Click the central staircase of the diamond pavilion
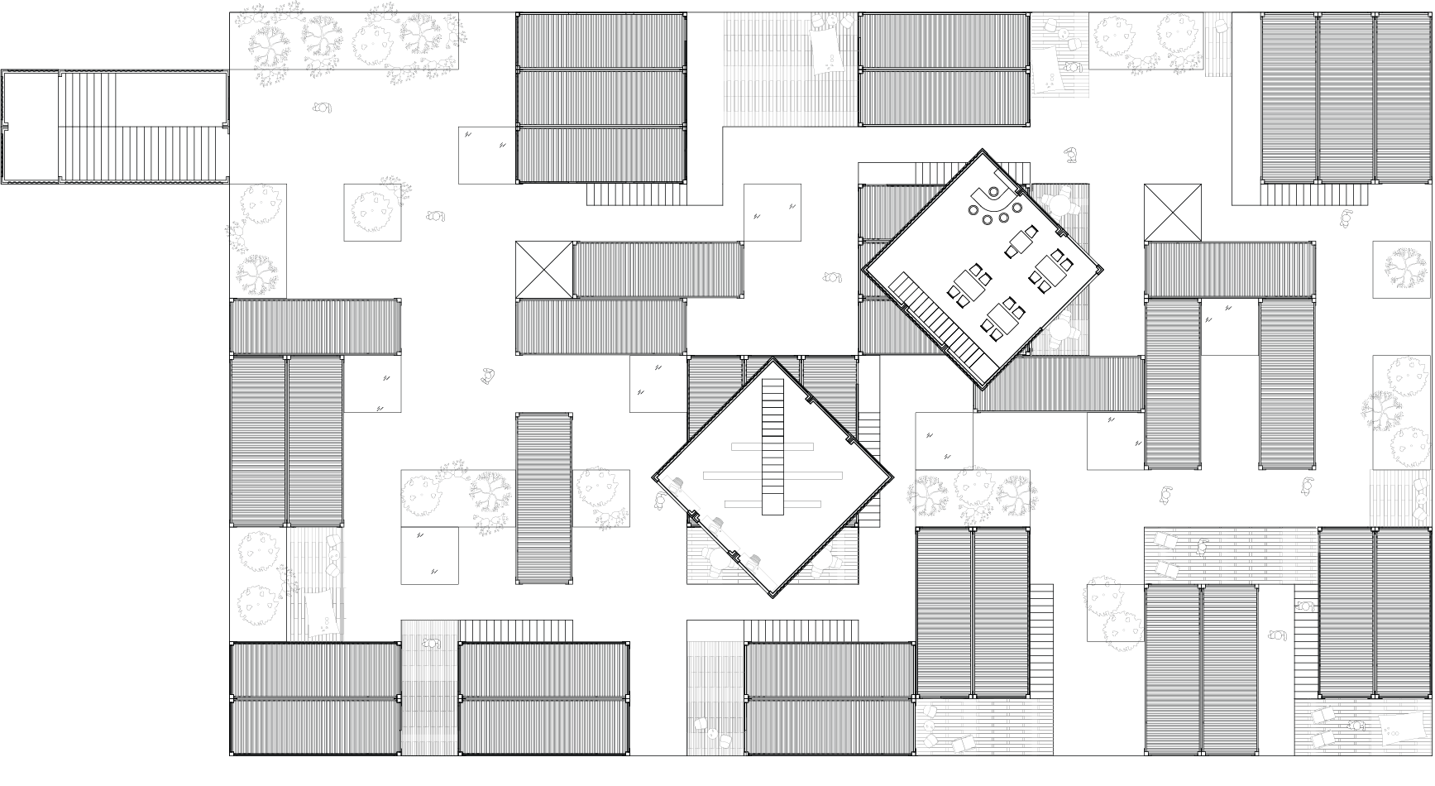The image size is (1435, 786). tap(773, 448)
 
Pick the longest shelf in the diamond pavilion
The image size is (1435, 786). tap(773, 475)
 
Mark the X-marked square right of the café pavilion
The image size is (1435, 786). tap(1172, 213)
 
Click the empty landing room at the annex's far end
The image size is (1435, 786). tap(31, 127)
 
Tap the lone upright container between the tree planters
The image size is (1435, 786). tap(544, 499)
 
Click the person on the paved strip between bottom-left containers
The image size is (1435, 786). tap(431, 643)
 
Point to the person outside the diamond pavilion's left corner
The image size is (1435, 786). tap(660, 501)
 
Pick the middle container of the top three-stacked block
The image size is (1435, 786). tap(601, 97)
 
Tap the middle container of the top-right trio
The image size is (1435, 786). tap(1345, 97)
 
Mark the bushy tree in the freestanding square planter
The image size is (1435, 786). tap(372, 212)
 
